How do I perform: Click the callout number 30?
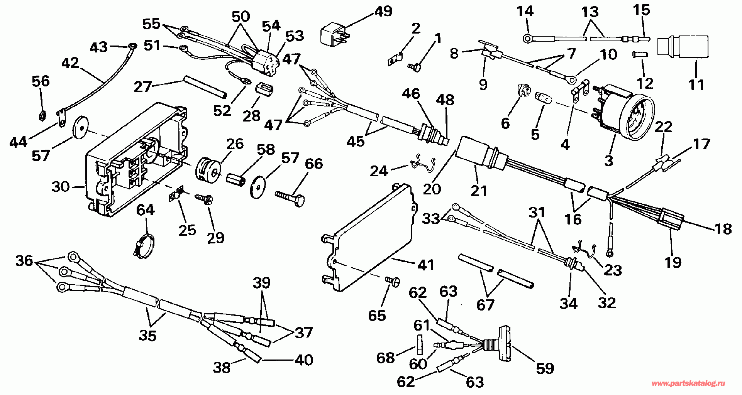[61, 187]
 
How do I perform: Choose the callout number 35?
[147, 335]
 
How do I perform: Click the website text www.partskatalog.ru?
[688, 383]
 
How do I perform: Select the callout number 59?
[545, 368]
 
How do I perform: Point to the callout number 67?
[485, 305]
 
